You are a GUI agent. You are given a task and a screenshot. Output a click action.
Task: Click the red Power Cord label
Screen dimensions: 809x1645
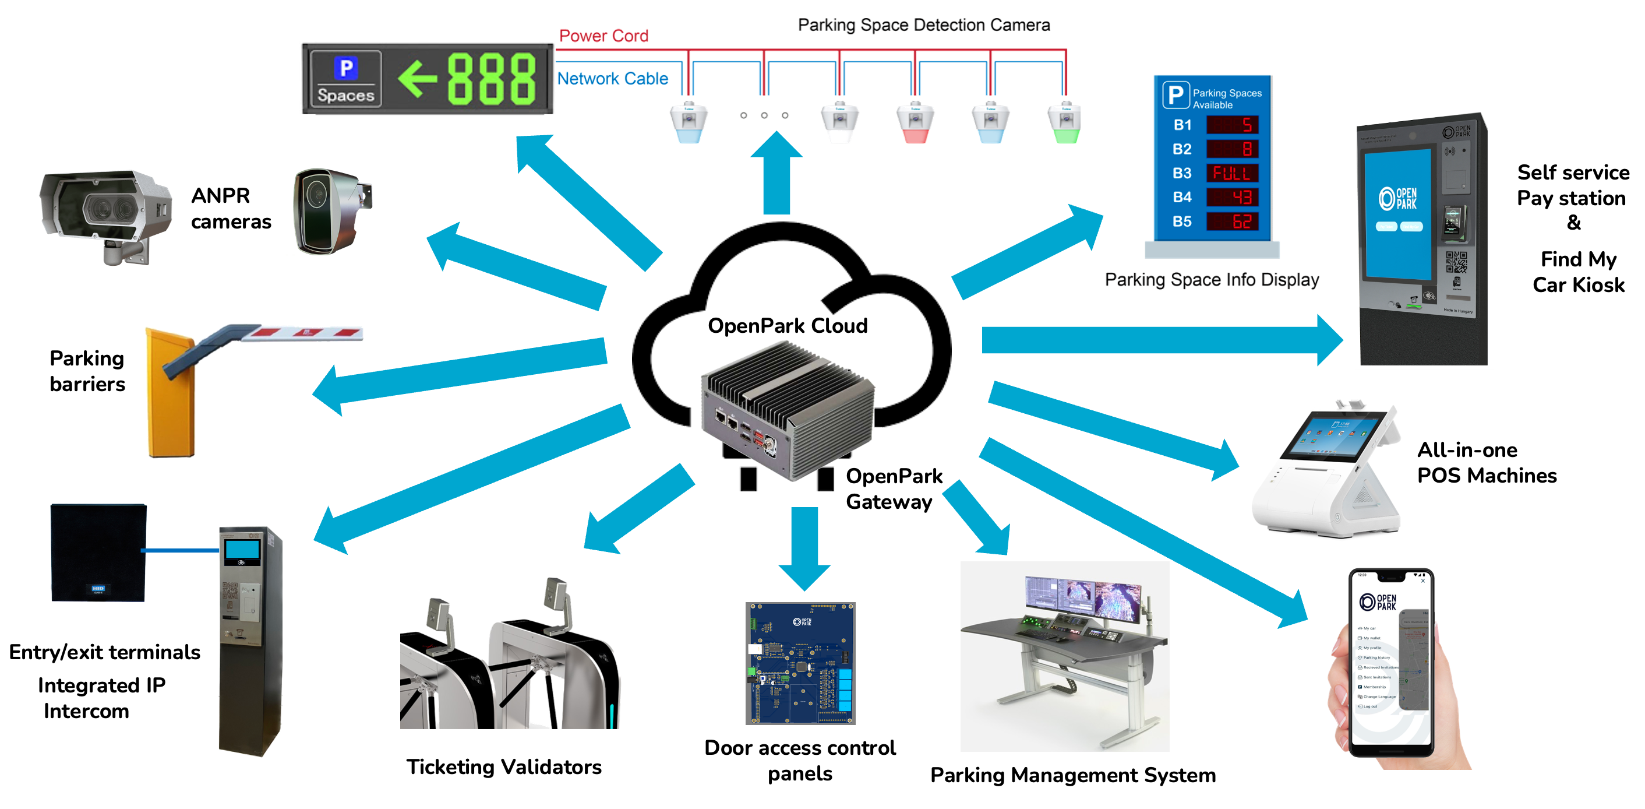point(603,36)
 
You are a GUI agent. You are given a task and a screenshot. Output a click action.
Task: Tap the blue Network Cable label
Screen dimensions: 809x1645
point(612,79)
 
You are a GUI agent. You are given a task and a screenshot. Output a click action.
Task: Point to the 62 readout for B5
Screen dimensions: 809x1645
point(1232,221)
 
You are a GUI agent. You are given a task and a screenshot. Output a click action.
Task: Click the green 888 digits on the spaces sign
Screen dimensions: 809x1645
point(490,79)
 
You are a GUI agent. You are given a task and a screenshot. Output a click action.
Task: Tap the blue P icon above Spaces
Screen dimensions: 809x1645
point(345,68)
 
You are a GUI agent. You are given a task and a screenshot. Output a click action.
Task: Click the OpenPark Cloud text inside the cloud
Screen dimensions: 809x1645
point(787,326)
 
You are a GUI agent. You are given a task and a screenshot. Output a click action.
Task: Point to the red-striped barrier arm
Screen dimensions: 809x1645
point(306,332)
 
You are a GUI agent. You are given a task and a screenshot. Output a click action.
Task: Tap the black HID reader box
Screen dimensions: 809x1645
point(98,552)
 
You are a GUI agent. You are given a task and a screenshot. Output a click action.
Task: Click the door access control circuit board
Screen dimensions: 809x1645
point(800,663)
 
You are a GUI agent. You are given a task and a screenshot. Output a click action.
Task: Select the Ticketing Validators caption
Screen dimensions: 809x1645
point(503,766)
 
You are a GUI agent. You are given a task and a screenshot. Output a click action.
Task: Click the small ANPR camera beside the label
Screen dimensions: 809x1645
point(330,211)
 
